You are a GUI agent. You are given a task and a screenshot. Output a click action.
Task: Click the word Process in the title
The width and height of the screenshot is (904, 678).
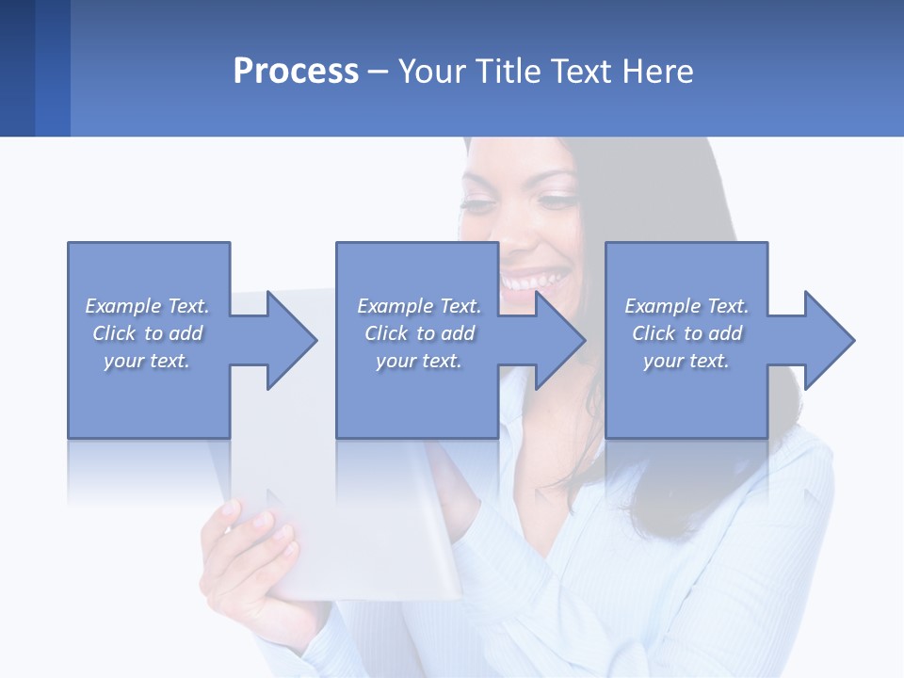(296, 72)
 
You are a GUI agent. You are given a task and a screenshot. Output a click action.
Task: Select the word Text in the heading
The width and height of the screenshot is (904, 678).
(580, 72)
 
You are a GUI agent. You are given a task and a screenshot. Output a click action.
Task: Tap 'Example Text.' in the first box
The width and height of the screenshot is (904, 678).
(147, 306)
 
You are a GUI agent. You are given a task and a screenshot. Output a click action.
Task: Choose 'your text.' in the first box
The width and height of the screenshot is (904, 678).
(147, 361)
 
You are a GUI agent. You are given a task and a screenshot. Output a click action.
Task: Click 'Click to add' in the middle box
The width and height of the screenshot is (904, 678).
(419, 333)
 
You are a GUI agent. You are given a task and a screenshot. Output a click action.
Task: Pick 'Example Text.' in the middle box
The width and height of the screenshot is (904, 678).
(419, 306)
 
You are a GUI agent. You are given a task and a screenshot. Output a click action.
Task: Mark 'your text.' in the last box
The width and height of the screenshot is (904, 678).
(686, 361)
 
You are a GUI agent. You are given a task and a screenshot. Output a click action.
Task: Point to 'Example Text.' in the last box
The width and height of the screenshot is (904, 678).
(686, 306)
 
